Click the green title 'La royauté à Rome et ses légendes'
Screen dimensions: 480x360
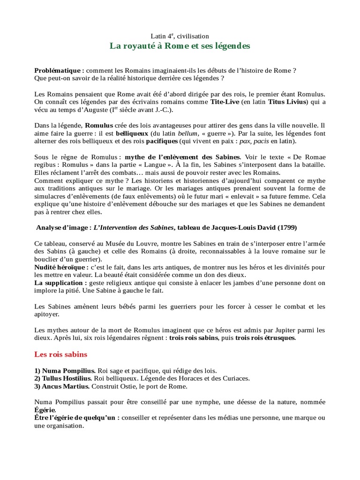(x=180, y=46)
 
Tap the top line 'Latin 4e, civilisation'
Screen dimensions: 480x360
(x=180, y=36)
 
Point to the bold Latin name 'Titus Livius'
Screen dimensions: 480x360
(x=287, y=102)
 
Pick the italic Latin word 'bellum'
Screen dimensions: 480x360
(x=187, y=134)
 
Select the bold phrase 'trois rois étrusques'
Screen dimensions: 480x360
(x=265, y=337)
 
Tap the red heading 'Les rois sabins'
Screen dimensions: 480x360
(x=61, y=354)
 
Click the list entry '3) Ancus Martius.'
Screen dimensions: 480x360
(x=63, y=386)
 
